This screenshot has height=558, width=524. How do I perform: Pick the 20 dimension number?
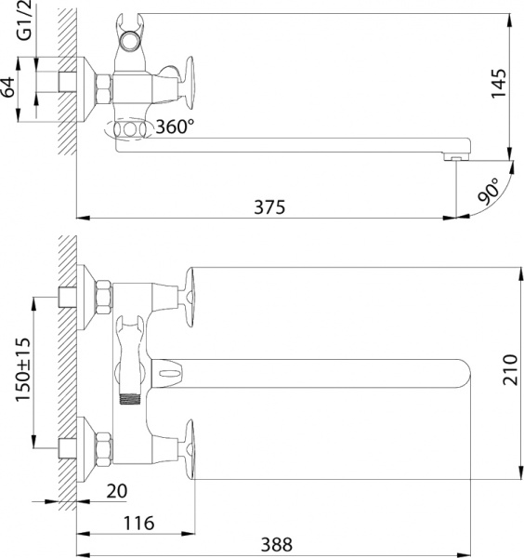[x=117, y=490]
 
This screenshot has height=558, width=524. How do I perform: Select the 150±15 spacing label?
[x=24, y=370]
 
